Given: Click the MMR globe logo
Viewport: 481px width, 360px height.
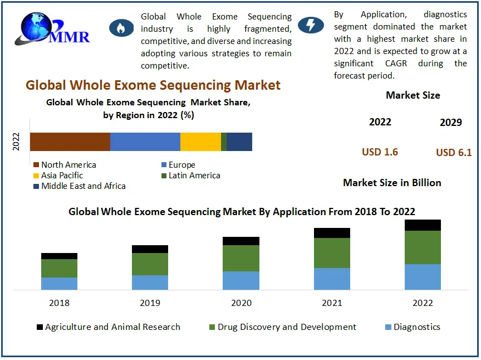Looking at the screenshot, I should pyautogui.click(x=53, y=29).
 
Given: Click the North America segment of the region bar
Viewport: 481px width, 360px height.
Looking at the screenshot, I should pyautogui.click(x=70, y=142).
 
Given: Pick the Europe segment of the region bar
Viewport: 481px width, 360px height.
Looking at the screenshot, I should pyautogui.click(x=145, y=142).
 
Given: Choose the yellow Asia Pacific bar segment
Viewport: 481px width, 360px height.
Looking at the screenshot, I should pyautogui.click(x=200, y=142).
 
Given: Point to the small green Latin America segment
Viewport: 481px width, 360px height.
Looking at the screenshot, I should pyautogui.click(x=224, y=142).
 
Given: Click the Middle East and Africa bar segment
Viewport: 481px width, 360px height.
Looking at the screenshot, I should pyautogui.click(x=239, y=142).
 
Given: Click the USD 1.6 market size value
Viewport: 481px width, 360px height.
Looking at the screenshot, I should pyautogui.click(x=380, y=152).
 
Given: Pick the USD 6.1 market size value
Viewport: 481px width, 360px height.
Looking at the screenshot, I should pyautogui.click(x=454, y=152).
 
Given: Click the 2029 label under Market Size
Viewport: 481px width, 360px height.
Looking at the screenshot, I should pyautogui.click(x=450, y=123).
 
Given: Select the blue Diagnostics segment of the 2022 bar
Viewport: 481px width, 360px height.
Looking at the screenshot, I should pyautogui.click(x=423, y=276).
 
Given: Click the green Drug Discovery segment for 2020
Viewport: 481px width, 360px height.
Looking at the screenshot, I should pyautogui.click(x=241, y=258).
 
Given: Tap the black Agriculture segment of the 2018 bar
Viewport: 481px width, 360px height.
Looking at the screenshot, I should pyautogui.click(x=59, y=256).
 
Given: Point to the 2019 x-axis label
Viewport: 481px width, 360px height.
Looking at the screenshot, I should pyautogui.click(x=150, y=303).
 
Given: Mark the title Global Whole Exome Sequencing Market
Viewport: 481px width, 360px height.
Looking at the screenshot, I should pyautogui.click(x=153, y=85).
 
